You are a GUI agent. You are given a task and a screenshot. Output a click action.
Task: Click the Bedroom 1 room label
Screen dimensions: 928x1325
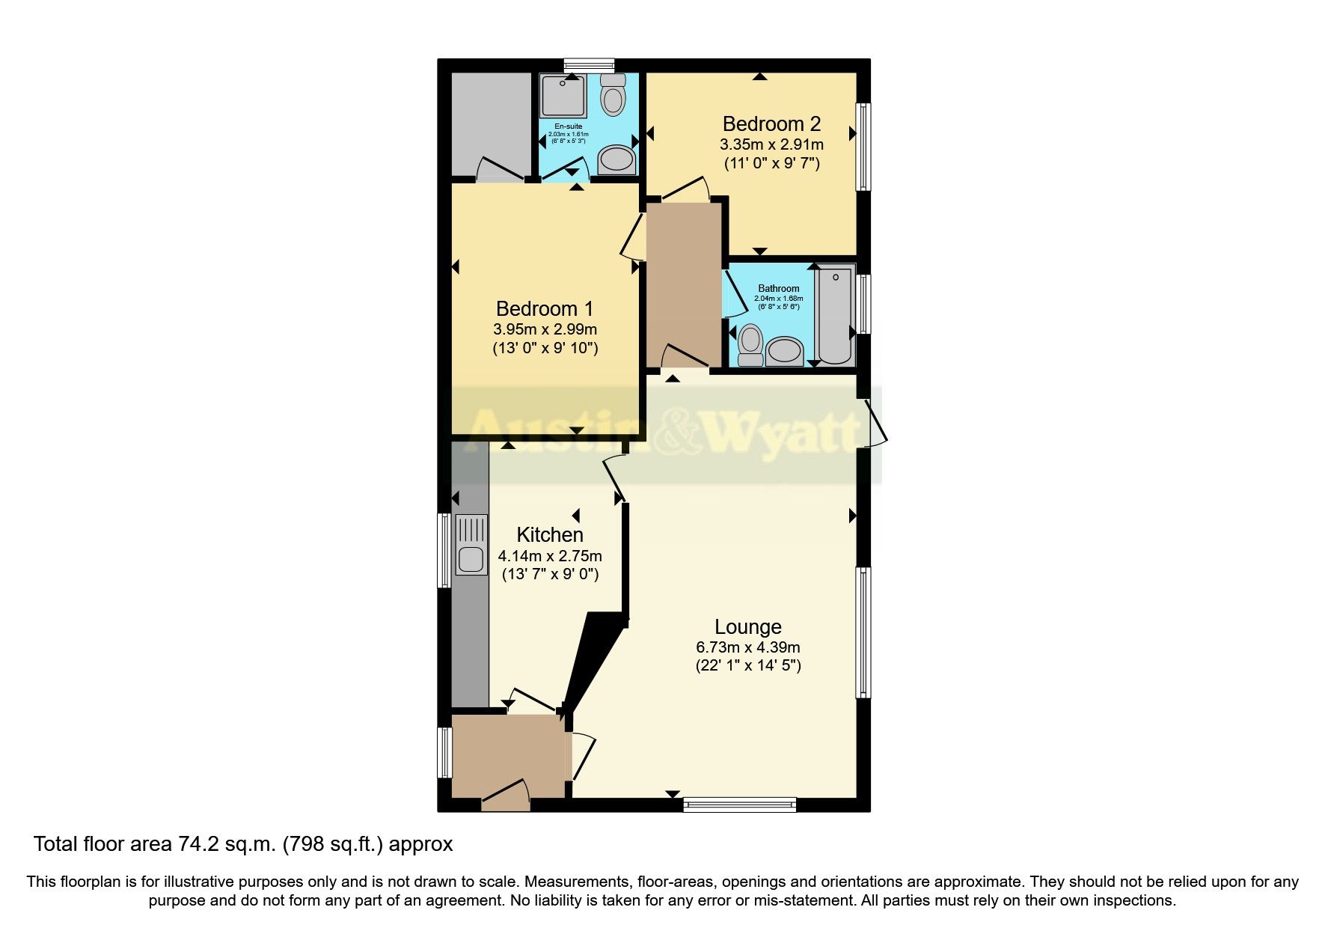point(544,308)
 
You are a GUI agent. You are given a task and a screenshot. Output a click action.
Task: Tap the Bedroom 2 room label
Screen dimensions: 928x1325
point(771,123)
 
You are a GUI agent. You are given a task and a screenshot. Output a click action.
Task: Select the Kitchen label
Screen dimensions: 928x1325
point(550,534)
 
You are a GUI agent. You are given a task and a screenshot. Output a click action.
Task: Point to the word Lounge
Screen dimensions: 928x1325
point(747,626)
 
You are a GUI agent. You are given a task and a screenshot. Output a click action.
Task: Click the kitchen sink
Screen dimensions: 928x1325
point(470,558)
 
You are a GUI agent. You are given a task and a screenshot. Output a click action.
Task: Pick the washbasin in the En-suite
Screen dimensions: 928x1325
point(616,159)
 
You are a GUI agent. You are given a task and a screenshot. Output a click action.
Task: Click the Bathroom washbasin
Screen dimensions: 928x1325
point(784,350)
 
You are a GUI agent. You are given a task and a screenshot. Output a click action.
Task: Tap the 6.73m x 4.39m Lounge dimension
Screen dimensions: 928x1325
point(747,647)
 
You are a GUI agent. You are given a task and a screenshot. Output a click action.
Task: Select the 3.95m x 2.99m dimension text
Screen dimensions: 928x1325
point(545,329)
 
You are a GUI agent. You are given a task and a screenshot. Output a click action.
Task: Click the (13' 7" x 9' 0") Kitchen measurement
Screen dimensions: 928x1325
point(550,575)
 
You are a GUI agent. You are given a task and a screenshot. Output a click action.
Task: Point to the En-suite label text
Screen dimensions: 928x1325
point(568,126)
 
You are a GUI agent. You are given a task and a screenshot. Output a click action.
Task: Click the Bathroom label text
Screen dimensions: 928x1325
point(778,288)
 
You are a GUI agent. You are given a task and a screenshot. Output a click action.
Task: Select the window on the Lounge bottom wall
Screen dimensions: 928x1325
point(739,805)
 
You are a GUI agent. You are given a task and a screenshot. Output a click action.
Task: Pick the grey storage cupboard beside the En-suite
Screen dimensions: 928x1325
point(490,123)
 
